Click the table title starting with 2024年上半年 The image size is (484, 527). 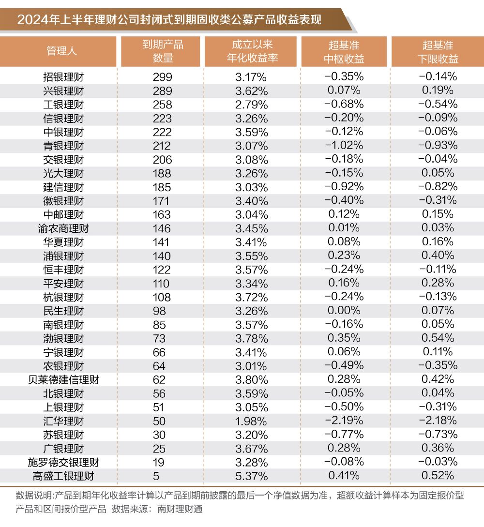click(x=169, y=20)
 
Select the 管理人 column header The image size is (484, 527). click(x=61, y=51)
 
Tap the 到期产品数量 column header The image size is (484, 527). click(x=163, y=51)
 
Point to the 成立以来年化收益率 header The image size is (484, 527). click(x=252, y=51)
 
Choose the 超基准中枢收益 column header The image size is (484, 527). click(x=344, y=51)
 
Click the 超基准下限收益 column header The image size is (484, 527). click(x=438, y=51)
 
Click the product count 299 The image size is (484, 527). click(x=163, y=77)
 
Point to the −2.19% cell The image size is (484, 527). click(x=344, y=421)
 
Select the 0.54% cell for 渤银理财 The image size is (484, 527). click(x=438, y=338)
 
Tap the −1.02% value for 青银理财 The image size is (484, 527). click(x=344, y=145)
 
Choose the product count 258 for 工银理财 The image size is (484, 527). click(x=163, y=105)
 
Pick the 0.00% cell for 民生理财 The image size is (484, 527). click(x=344, y=310)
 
